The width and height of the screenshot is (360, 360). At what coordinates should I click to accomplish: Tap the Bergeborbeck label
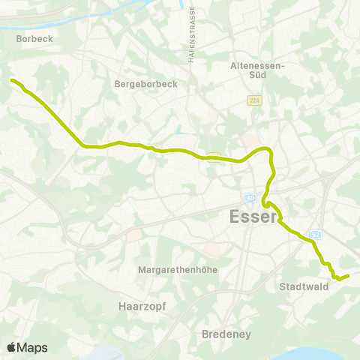click(146, 84)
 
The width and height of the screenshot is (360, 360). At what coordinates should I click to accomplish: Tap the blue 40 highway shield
click(250, 198)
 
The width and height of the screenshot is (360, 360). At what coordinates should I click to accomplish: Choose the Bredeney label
click(226, 334)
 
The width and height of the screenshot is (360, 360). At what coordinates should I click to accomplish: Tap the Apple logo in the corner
click(11, 347)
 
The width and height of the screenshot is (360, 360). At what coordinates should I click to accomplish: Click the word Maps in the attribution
click(32, 347)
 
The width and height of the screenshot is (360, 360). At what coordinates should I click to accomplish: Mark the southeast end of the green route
click(349, 275)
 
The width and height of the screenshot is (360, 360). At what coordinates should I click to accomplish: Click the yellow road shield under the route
click(214, 155)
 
